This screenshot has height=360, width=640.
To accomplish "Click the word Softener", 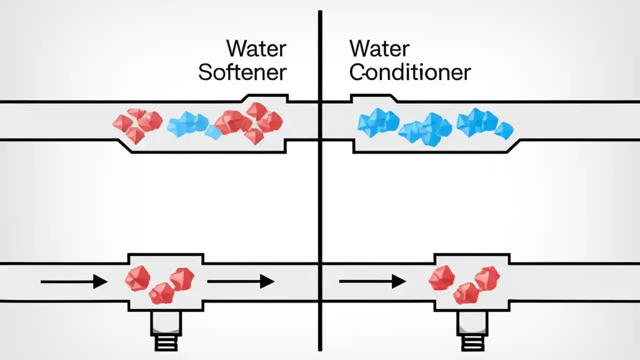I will [242, 72].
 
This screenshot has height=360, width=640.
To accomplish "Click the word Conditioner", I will [409, 72].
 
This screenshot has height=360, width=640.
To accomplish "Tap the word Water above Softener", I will [256, 49].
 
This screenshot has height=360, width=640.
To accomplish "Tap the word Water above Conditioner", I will [379, 49].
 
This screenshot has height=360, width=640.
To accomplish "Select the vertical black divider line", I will [320, 200].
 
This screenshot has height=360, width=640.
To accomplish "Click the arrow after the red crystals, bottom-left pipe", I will [240, 282].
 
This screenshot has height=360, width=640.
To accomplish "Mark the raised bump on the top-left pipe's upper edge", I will [265, 98].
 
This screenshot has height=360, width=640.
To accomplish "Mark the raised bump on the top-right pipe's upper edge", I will [374, 98].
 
